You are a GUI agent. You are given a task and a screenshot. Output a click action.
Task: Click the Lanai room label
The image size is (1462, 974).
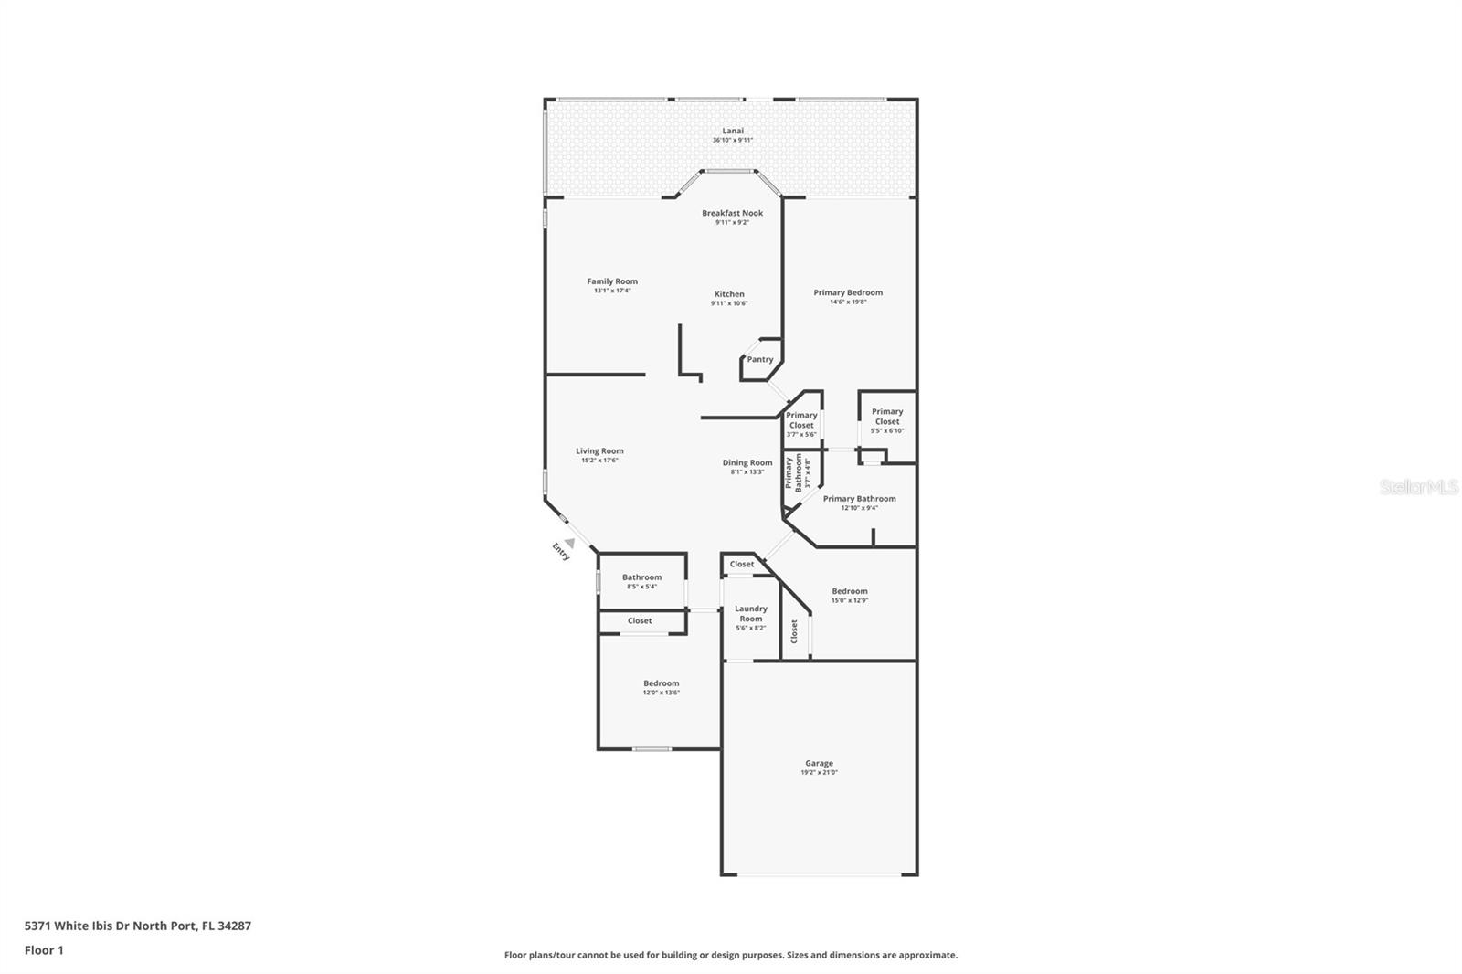pyautogui.click(x=732, y=132)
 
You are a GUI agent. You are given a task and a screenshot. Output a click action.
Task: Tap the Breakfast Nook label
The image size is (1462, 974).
pyautogui.click(x=732, y=214)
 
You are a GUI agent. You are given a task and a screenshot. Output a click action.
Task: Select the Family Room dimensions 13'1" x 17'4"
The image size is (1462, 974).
pyautogui.click(x=612, y=291)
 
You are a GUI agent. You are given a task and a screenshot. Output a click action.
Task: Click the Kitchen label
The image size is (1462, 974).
pyautogui.click(x=729, y=294)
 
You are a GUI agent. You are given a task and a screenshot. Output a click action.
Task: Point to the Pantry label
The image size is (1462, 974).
pyautogui.click(x=759, y=360)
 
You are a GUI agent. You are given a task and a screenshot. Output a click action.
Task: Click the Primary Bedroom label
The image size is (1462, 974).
pyautogui.click(x=848, y=293)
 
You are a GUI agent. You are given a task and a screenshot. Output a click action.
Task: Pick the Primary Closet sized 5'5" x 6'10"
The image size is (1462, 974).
pyautogui.click(x=886, y=420)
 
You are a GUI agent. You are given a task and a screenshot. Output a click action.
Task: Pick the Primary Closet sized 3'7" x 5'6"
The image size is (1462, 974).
pyautogui.click(x=801, y=424)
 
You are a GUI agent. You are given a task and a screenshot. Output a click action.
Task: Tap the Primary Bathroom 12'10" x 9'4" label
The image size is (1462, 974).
pyautogui.click(x=859, y=499)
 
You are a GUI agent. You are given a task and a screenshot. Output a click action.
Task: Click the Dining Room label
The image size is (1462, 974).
pyautogui.click(x=747, y=463)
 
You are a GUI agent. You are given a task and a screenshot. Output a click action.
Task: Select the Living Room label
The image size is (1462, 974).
pyautogui.click(x=599, y=451)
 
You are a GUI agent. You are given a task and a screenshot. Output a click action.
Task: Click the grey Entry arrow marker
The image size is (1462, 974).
pyautogui.click(x=569, y=543)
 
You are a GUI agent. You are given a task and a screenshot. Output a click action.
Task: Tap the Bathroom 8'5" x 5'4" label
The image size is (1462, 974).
pyautogui.click(x=641, y=577)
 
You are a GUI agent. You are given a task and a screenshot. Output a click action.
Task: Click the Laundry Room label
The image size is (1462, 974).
pyautogui.click(x=750, y=614)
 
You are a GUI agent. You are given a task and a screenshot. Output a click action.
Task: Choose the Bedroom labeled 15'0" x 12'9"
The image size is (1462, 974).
pyautogui.click(x=849, y=591)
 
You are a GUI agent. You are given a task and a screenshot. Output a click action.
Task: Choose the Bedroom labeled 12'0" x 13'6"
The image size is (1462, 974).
pyautogui.click(x=661, y=683)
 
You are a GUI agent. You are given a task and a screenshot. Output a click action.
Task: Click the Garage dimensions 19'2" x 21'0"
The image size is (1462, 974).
pyautogui.click(x=819, y=773)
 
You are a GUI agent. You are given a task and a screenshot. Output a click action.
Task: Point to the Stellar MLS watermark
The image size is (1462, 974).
pyautogui.click(x=1419, y=488)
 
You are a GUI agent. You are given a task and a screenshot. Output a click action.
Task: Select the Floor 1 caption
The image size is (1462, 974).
pyautogui.click(x=44, y=950)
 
